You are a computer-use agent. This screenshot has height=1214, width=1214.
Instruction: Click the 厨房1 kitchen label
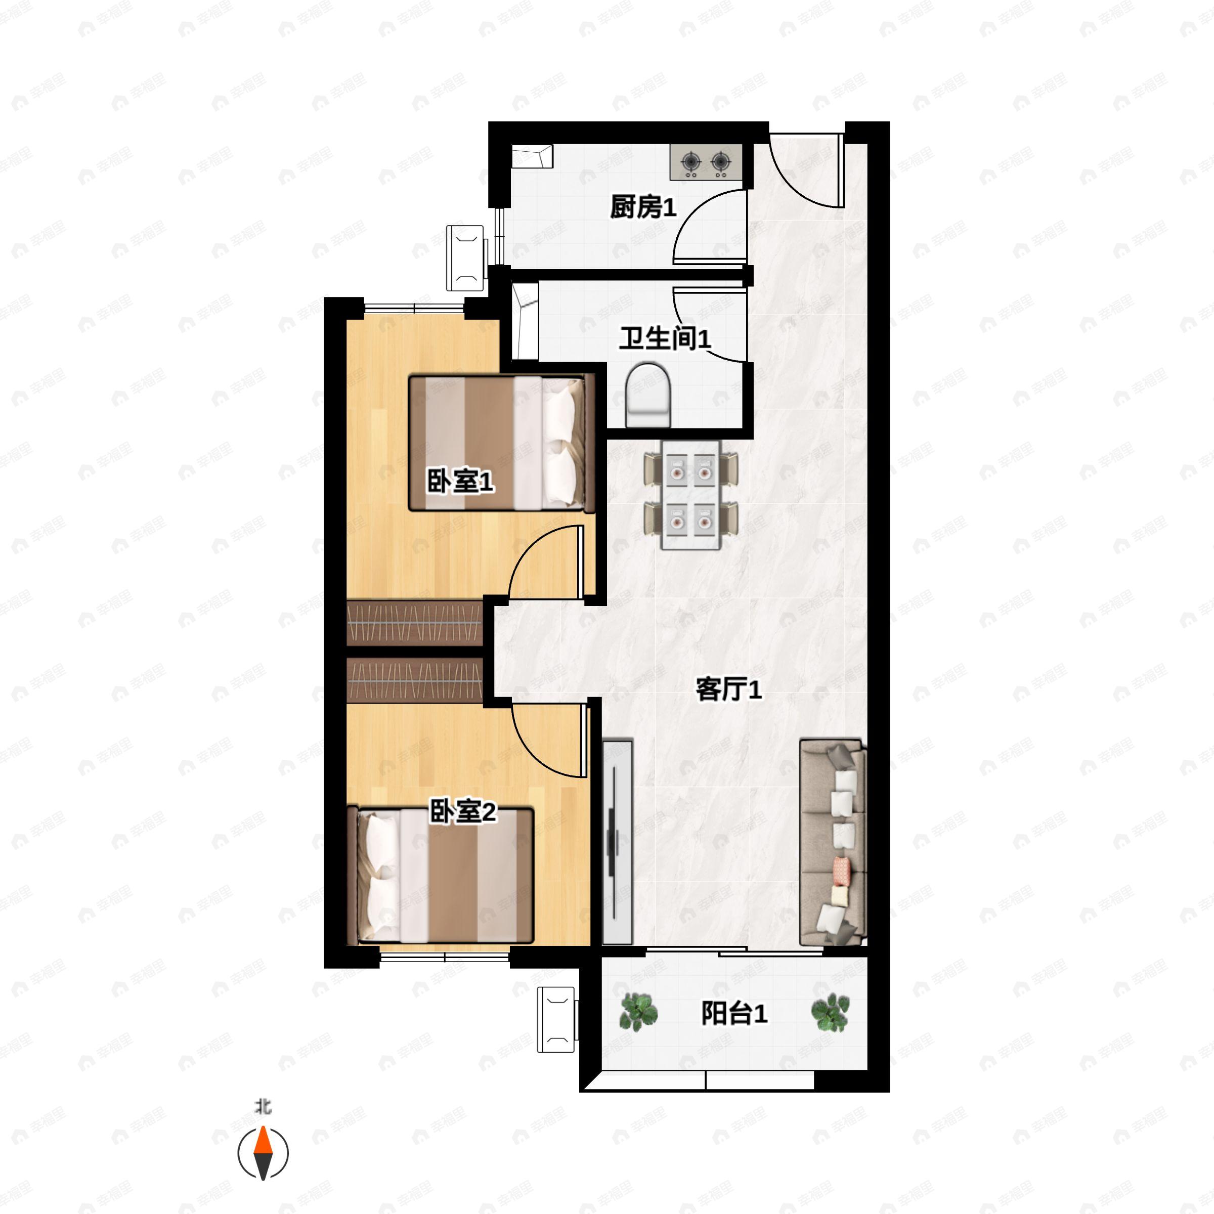(x=643, y=207)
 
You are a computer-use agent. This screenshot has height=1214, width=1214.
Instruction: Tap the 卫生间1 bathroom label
(x=665, y=339)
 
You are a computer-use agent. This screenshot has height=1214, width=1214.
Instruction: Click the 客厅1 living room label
(x=728, y=689)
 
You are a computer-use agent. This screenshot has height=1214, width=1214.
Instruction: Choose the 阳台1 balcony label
(x=734, y=1014)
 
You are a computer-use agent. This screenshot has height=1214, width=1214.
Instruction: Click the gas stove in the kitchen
(x=706, y=162)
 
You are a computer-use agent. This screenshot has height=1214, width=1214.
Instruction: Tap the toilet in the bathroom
(x=648, y=395)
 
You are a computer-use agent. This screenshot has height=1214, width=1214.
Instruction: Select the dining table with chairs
(x=690, y=495)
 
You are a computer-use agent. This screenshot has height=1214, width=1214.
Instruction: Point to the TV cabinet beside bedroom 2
(x=617, y=842)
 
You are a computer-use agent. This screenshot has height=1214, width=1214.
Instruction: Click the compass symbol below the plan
(x=263, y=1153)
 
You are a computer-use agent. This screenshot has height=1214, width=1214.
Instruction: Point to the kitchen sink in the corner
(x=532, y=156)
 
